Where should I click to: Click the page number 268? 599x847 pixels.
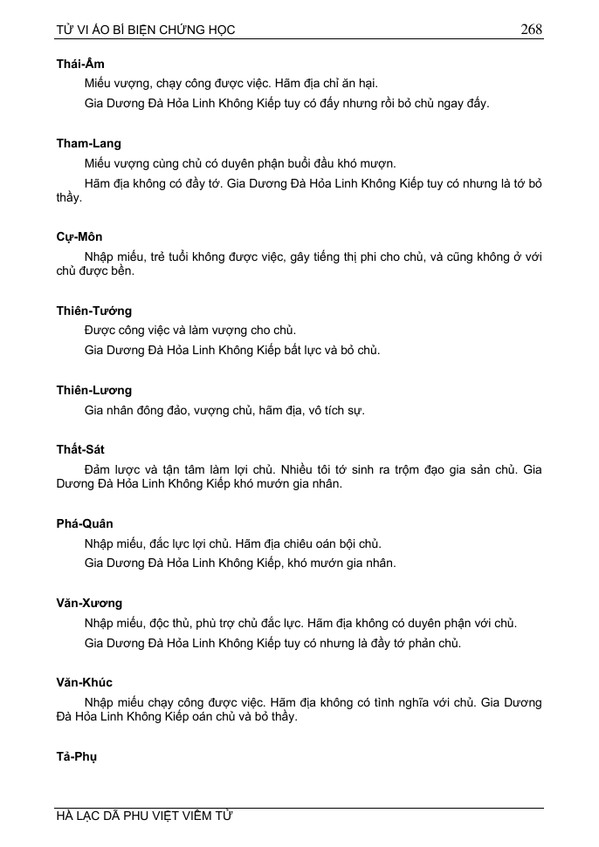pyautogui.click(x=531, y=30)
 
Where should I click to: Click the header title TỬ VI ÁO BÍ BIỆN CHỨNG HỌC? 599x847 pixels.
pyautogui.click(x=146, y=31)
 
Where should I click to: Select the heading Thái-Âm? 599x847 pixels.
pyautogui.click(x=80, y=64)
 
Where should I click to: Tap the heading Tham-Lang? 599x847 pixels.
pyautogui.click(x=89, y=143)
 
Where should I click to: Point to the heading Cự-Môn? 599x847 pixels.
pyautogui.click(x=79, y=236)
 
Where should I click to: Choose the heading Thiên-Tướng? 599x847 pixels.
pyautogui.click(x=94, y=311)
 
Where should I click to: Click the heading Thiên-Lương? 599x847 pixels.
pyautogui.click(x=94, y=390)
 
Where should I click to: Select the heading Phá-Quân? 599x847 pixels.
pyautogui.click(x=85, y=523)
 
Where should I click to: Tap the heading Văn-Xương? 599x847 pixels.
pyautogui.click(x=89, y=603)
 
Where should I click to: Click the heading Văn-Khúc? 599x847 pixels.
pyautogui.click(x=85, y=682)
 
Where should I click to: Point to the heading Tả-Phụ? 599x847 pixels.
pyautogui.click(x=77, y=756)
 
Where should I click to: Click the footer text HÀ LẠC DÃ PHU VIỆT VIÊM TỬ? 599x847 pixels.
pyautogui.click(x=145, y=816)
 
